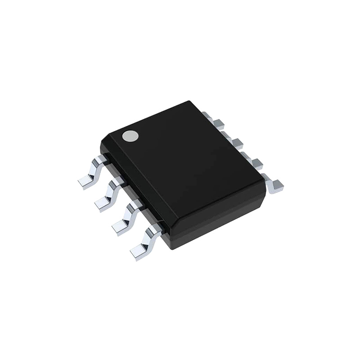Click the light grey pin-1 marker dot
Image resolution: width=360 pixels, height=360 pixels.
130,136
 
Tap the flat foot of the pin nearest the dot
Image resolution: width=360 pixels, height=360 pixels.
85,182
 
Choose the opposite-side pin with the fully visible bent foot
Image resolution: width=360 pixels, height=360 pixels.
274,184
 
